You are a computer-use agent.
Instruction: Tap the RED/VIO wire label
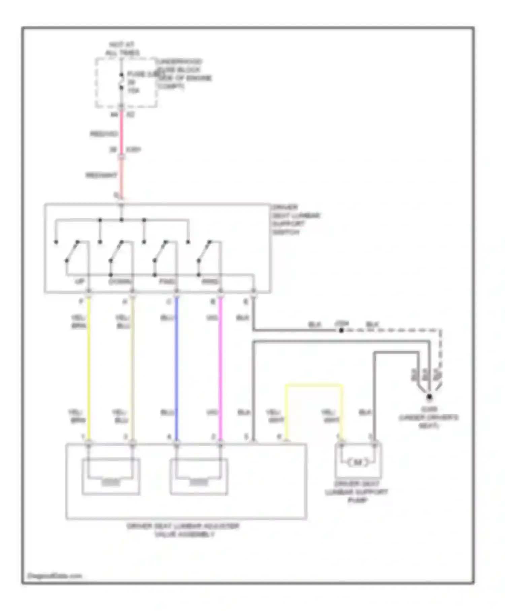point(103,134)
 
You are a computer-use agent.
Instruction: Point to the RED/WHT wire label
point(101,175)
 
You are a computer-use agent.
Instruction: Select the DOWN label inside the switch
point(120,282)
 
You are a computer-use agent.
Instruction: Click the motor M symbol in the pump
point(358,462)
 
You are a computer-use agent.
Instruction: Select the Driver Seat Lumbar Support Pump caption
point(357,492)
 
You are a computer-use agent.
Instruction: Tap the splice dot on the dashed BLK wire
point(341,330)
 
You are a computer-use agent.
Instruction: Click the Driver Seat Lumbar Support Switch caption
point(296,220)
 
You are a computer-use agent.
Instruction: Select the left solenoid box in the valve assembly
point(111,476)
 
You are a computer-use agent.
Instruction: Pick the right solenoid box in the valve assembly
point(199,476)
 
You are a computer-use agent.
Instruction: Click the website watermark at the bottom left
point(55,576)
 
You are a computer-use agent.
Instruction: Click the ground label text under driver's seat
point(429,418)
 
